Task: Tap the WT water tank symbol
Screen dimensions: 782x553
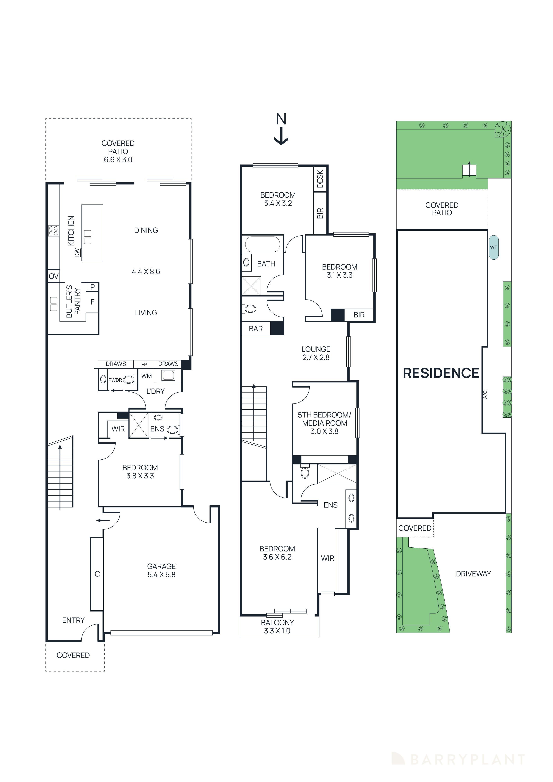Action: tap(493, 248)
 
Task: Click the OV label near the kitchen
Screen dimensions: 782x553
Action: tap(53, 276)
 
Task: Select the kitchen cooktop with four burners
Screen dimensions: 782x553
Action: tap(53, 231)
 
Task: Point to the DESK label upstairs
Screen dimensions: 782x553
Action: tap(320, 179)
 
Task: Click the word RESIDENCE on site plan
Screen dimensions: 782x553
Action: tap(441, 373)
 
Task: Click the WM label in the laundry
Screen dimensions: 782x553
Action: tap(147, 376)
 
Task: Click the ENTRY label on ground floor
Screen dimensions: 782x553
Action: tap(73, 620)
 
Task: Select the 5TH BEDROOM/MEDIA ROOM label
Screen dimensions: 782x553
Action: tap(324, 419)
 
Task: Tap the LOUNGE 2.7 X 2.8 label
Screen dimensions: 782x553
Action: tap(316, 353)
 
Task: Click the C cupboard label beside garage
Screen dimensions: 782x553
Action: tap(97, 574)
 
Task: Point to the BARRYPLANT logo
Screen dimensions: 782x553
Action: tap(458, 760)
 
